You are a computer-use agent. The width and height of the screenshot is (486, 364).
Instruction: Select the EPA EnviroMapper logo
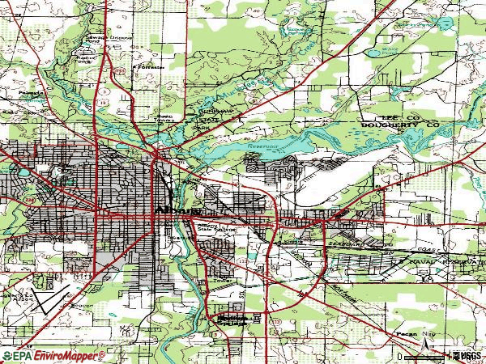point(53,356)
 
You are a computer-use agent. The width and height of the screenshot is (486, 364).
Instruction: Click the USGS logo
point(467,356)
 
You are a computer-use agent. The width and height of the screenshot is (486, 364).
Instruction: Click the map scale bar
point(421,356)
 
